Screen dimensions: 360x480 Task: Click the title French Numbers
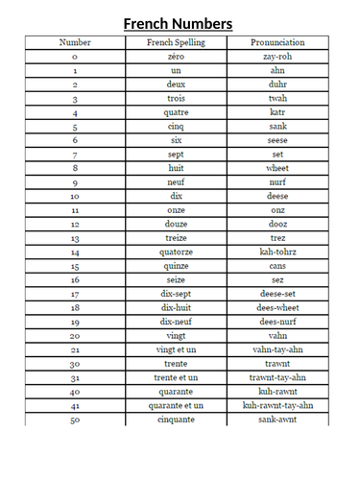click(x=180, y=23)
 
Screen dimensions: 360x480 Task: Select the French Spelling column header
click(x=176, y=43)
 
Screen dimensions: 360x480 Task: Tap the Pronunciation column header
click(x=277, y=43)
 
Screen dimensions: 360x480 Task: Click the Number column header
click(x=75, y=43)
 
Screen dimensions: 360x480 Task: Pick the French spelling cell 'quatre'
click(x=176, y=112)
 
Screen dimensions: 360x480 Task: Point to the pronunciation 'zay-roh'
click(x=277, y=57)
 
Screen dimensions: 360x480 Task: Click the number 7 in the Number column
click(x=75, y=155)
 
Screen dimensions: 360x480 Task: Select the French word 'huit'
click(x=176, y=168)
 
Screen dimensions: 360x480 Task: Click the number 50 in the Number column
click(x=75, y=420)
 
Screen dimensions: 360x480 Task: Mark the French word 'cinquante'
click(x=176, y=420)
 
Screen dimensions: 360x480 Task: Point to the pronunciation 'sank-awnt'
click(x=277, y=420)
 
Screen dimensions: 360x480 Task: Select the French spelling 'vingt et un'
click(x=176, y=349)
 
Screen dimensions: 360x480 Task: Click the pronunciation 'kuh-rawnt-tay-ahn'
click(x=277, y=405)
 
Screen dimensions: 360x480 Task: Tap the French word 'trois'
click(x=176, y=99)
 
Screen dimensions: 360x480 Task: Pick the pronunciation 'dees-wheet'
click(x=277, y=307)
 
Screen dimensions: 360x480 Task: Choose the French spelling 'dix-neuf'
click(x=176, y=322)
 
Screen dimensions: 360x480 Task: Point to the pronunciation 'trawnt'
click(x=277, y=364)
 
